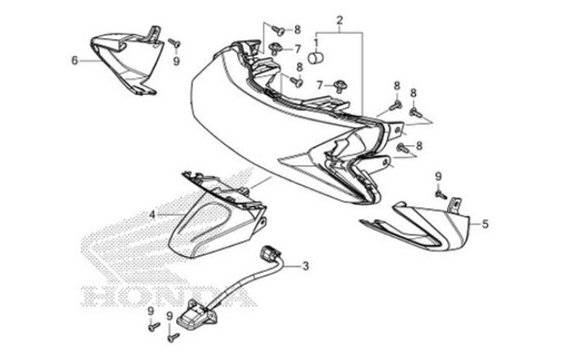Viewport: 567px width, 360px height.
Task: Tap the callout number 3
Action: pyautogui.click(x=305, y=265)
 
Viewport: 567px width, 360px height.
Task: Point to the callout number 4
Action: pyautogui.click(x=153, y=215)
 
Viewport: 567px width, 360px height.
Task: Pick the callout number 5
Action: pyautogui.click(x=484, y=223)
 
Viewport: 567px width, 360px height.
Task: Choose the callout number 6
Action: pyautogui.click(x=75, y=61)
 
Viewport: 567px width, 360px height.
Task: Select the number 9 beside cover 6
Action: pyautogui.click(x=177, y=61)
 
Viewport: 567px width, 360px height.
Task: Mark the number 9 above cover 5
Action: pyautogui.click(x=438, y=175)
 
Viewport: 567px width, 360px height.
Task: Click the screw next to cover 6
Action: pyautogui.click(x=175, y=43)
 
